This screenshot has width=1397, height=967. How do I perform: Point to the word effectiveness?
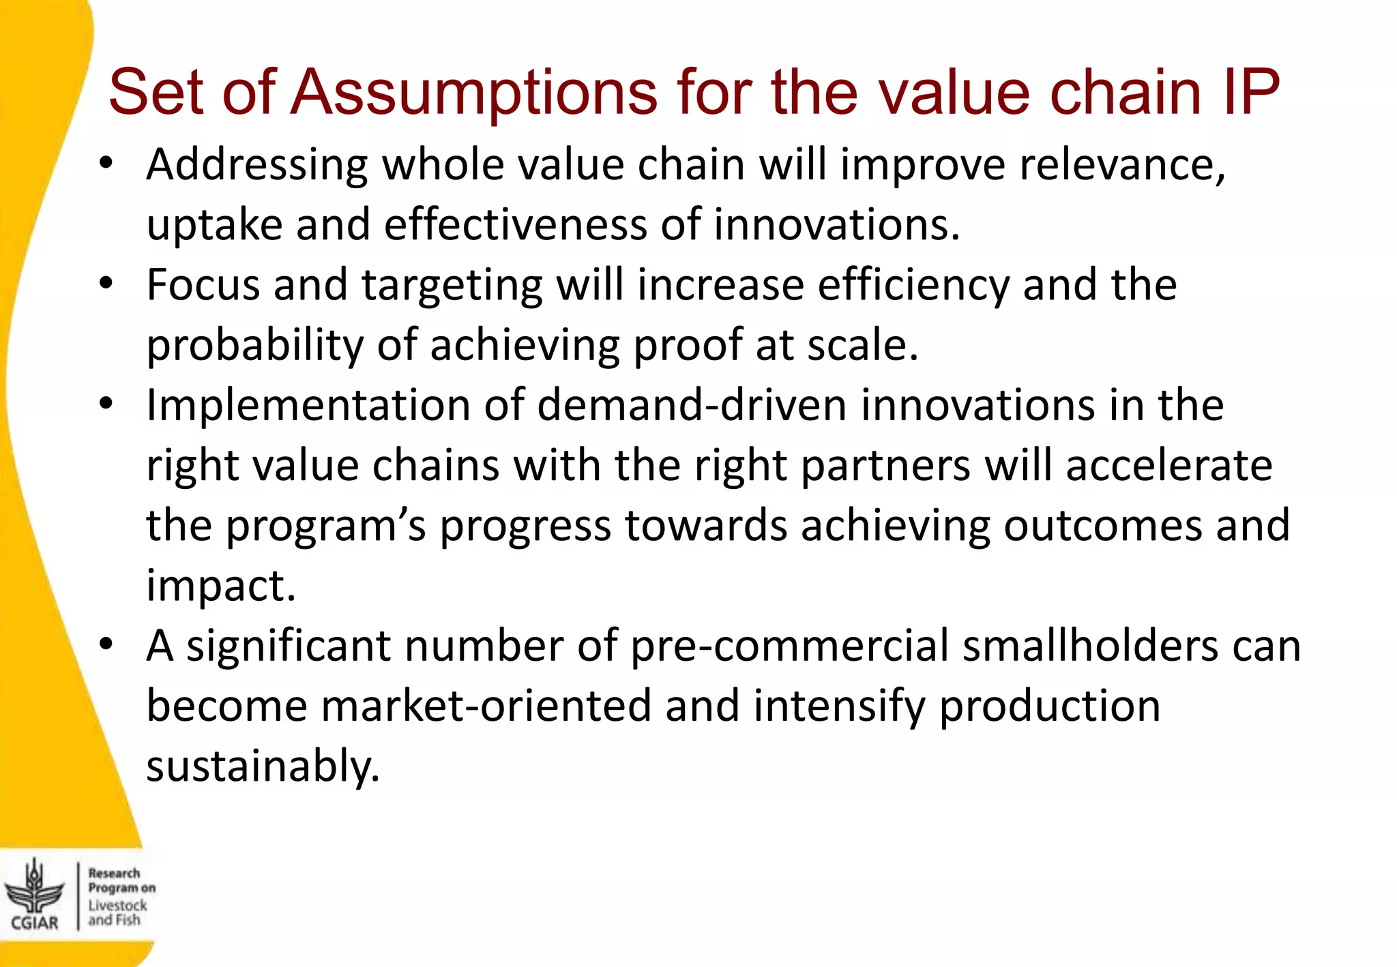(515, 225)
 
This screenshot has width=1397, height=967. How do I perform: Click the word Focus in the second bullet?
(203, 285)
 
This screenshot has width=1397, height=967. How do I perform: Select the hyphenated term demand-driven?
(692, 405)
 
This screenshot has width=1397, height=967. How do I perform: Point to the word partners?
(885, 465)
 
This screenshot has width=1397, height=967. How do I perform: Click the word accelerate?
(1168, 465)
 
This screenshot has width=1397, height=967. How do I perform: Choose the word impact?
(221, 585)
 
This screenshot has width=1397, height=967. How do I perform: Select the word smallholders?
(1089, 645)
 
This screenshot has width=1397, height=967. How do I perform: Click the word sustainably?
(263, 766)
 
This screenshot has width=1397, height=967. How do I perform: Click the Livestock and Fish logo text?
(117, 912)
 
